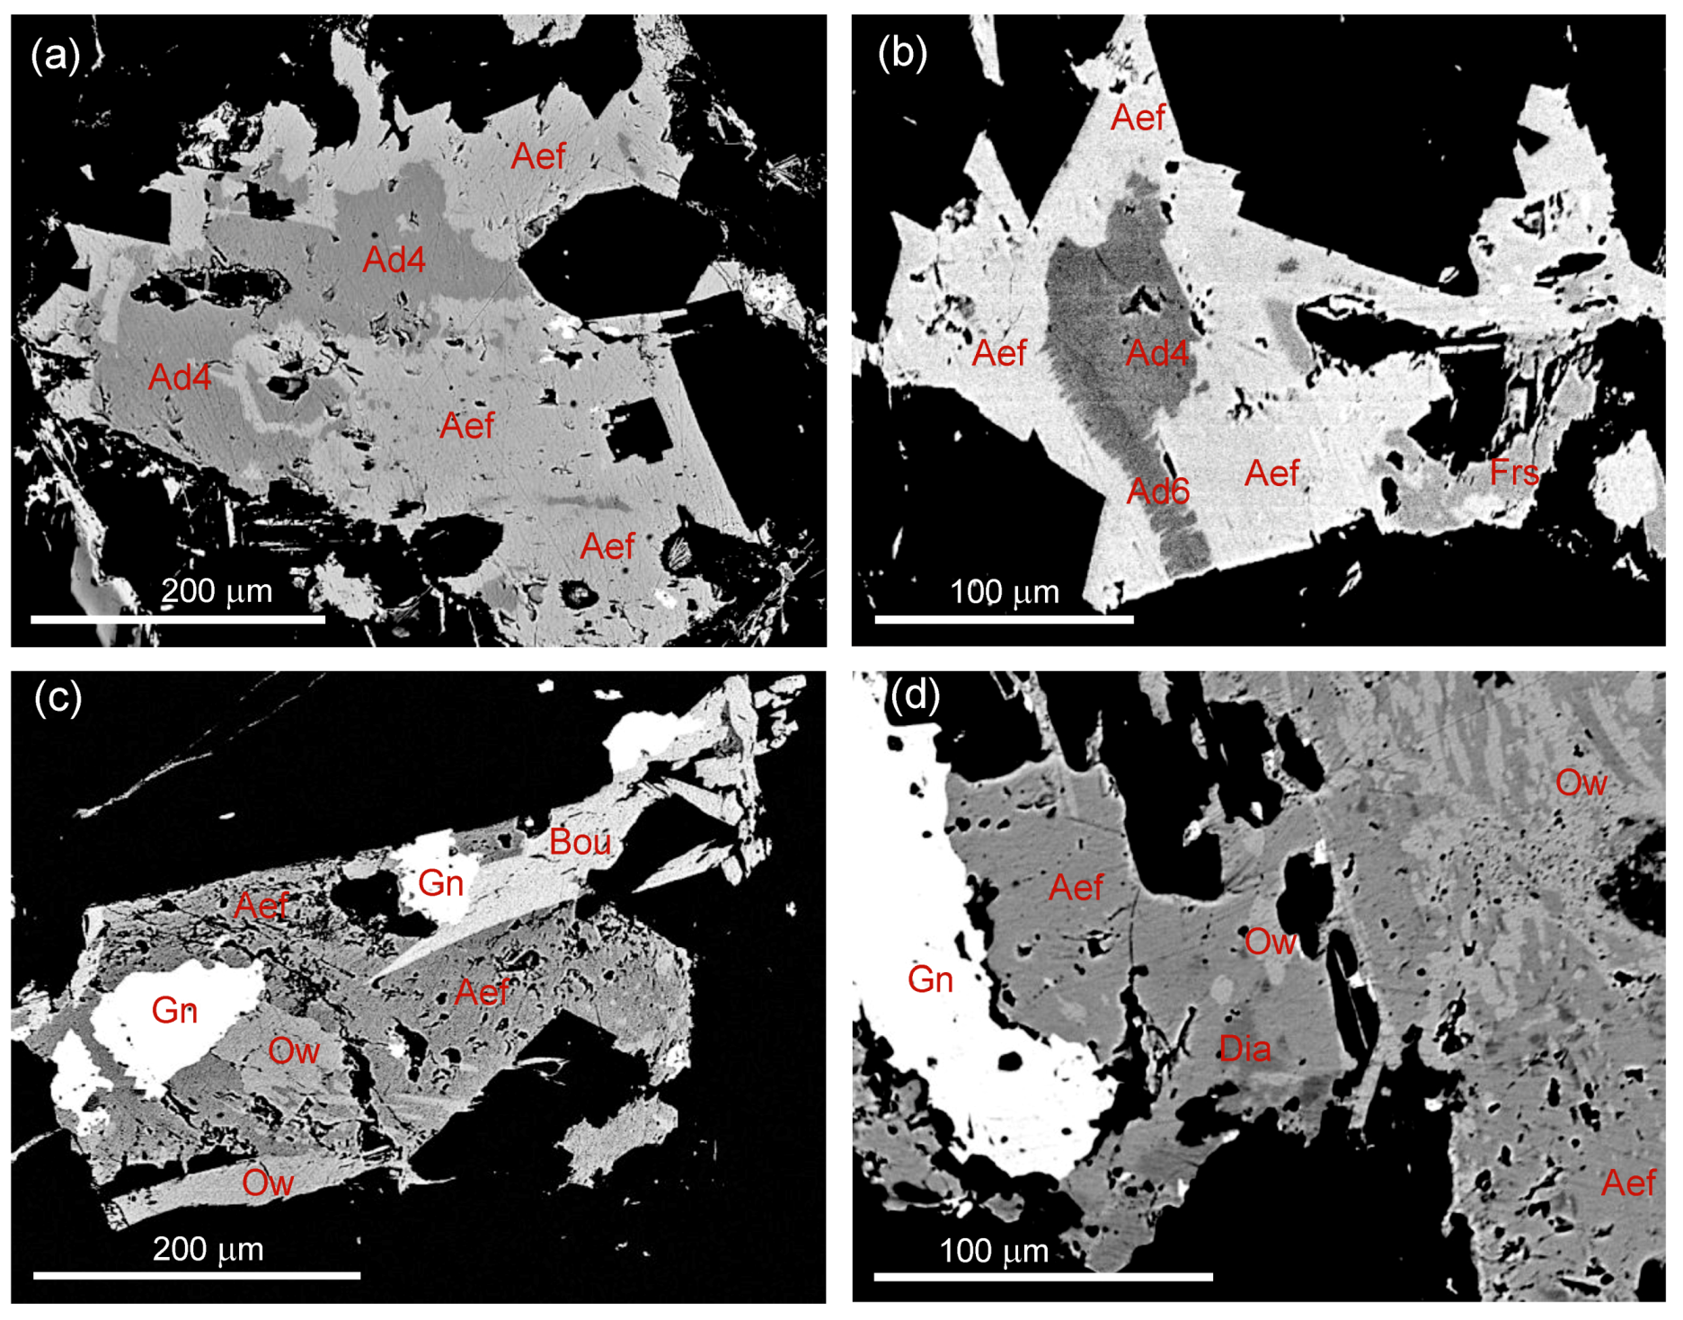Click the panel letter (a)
point(55,56)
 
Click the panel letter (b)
point(901,54)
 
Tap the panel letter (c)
point(57,697)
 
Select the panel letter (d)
point(914,695)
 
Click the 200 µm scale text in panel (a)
point(217,591)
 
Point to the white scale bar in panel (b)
point(1003,619)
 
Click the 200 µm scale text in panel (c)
point(208,1249)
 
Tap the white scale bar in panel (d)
point(1042,1276)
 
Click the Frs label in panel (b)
point(1513,473)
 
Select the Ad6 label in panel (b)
point(1157,491)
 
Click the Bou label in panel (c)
point(580,842)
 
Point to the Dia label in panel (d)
point(1245,1049)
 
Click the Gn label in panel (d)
point(930,979)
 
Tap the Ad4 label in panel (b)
point(1157,353)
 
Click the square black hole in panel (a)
point(639,430)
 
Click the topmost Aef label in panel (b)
point(1138,118)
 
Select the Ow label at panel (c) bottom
point(268,1183)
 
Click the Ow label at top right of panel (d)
point(1581,783)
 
